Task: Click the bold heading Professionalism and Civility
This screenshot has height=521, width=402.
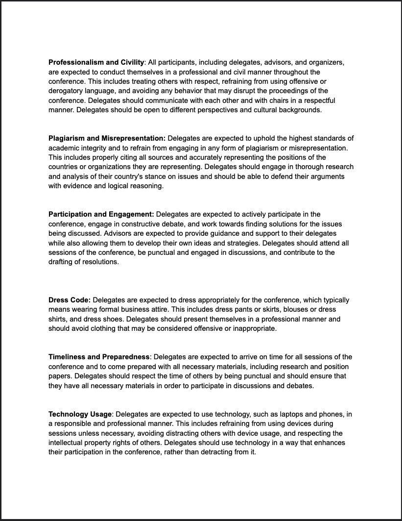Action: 96,62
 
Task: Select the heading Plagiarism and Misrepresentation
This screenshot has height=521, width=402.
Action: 107,138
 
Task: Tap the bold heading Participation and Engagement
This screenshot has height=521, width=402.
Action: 101,214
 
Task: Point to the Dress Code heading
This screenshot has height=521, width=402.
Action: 70,300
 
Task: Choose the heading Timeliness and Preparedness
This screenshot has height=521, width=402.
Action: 99,357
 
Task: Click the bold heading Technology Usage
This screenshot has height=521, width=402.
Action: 80,414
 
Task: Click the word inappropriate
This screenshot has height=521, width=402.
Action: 254,328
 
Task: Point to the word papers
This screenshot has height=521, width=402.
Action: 59,376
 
